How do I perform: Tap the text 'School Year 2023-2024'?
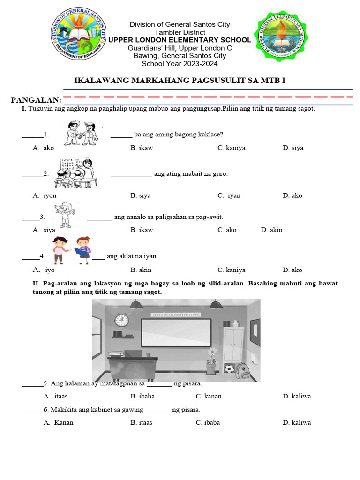pyautogui.click(x=177, y=63)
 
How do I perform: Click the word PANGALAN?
pyautogui.click(x=36, y=100)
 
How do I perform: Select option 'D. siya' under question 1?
pyautogui.click(x=292, y=148)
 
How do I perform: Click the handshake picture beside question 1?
pyautogui.click(x=81, y=133)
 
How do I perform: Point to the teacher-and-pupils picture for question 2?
pyautogui.click(x=78, y=172)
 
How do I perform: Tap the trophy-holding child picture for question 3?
pyautogui.click(x=65, y=214)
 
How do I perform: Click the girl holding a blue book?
pyautogui.click(x=83, y=250)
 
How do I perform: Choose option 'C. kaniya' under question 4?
pyautogui.click(x=231, y=270)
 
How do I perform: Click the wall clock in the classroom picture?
pyautogui.click(x=121, y=320)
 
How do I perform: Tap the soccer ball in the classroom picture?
pyautogui.click(x=228, y=369)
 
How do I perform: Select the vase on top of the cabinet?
pyautogui.click(x=227, y=323)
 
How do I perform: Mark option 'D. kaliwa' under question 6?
pyautogui.click(x=296, y=422)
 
